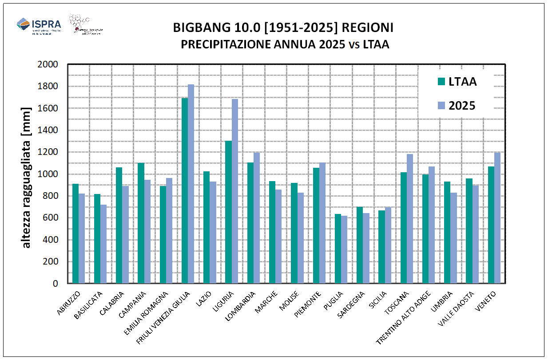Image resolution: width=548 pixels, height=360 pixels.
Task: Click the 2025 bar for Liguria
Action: tap(234, 191)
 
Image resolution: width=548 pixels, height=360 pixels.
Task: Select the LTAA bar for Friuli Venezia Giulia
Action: tap(185, 190)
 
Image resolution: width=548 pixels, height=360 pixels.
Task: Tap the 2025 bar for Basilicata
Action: tap(103, 244)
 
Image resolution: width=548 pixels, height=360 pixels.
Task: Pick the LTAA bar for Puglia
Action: tap(338, 249)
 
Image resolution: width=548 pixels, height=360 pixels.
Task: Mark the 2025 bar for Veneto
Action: tap(497, 218)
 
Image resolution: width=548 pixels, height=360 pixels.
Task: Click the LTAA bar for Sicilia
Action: tap(381, 247)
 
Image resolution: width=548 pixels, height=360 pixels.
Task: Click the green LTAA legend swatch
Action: tap(441, 81)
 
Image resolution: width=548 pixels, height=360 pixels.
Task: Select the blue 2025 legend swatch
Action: tap(441, 106)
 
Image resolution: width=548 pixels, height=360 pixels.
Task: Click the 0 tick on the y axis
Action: tap(56, 283)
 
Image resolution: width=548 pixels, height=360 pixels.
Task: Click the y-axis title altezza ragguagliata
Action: tap(27, 178)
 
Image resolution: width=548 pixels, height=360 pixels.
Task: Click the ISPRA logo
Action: tap(39, 26)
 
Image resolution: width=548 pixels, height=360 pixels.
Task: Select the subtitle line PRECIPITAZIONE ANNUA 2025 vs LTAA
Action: tap(285, 44)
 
